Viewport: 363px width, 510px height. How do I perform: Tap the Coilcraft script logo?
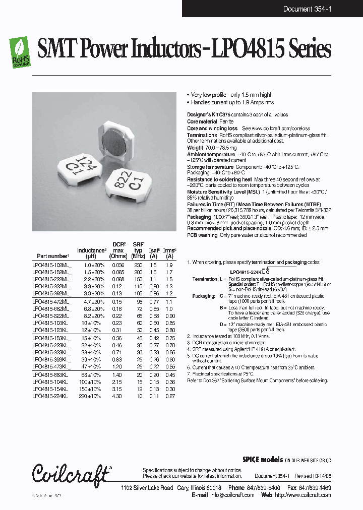coord(70,474)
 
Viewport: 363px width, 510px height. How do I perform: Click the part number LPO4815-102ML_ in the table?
coord(52,265)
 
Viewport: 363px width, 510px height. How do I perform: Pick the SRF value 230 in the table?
coord(138,265)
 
